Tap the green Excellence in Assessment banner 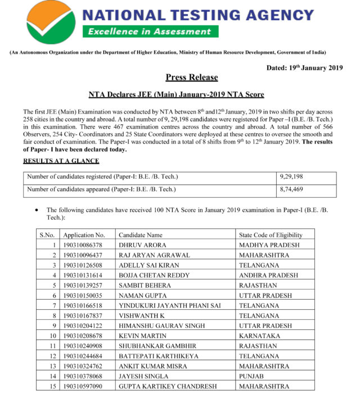point(148,32)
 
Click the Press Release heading point(191,78)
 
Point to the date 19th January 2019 point(304,68)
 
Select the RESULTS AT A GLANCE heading point(61,161)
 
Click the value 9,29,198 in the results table point(291,177)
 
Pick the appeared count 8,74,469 point(291,189)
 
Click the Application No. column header point(84,235)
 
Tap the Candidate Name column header point(141,235)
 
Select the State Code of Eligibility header point(271,235)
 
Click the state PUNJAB point(251,376)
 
